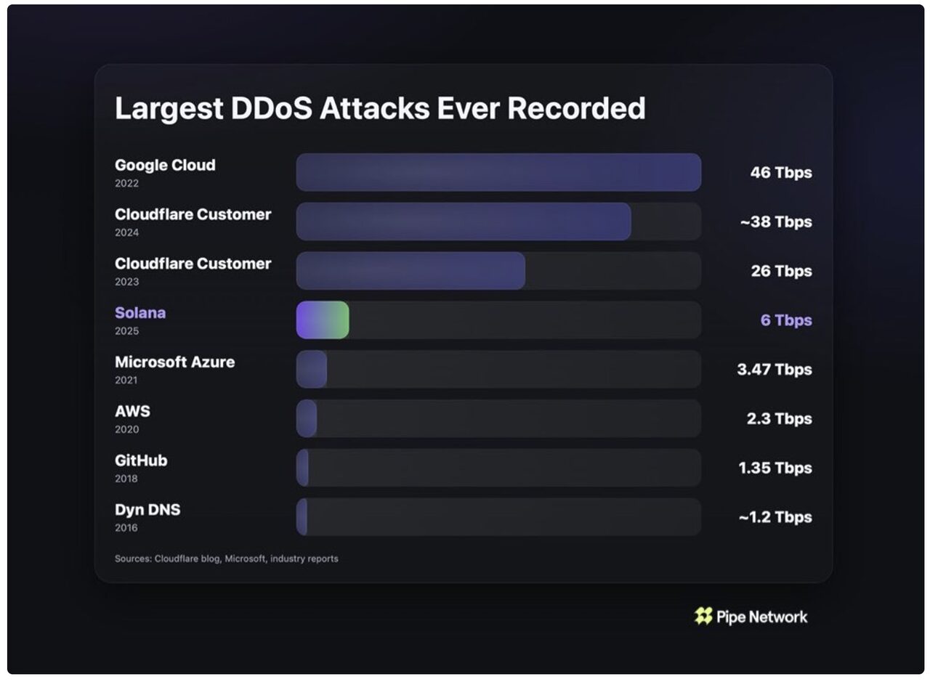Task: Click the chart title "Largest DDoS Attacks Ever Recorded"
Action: coord(380,109)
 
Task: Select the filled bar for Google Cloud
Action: coord(498,172)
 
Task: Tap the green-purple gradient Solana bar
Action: coord(323,320)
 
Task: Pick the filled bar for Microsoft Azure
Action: coord(312,369)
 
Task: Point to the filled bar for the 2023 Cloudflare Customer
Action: coord(411,271)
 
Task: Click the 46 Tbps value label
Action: coord(781,173)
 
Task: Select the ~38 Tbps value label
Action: coord(776,222)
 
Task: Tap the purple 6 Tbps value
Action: coord(786,320)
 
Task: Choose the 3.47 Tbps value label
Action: coord(775,369)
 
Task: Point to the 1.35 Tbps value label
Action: coord(775,468)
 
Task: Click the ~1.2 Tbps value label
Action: coord(775,517)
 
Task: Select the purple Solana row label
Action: coord(140,313)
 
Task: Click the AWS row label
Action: coord(132,411)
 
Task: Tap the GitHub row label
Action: coord(141,460)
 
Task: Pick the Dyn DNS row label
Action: coord(147,510)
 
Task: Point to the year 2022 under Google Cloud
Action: coord(126,184)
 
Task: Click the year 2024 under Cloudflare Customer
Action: coord(126,232)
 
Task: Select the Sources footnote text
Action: coord(226,559)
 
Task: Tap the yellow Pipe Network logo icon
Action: coord(703,617)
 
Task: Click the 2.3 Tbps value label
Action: coord(780,418)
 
